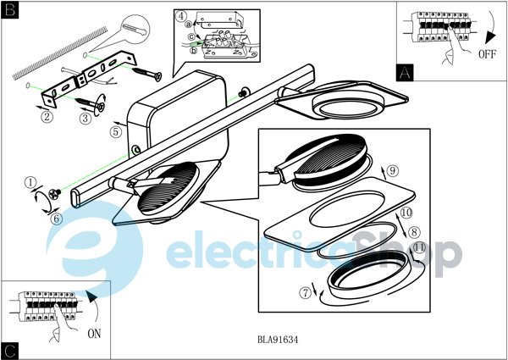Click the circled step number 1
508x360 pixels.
click(x=30, y=182)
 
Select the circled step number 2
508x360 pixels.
click(x=47, y=117)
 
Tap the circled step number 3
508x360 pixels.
click(x=86, y=118)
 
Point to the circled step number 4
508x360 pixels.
click(x=181, y=16)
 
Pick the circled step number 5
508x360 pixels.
click(x=116, y=132)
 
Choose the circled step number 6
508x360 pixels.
click(x=56, y=219)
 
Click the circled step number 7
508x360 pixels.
click(x=305, y=292)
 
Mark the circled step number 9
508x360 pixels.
click(x=393, y=170)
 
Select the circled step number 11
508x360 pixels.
click(x=419, y=248)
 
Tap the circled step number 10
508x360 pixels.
click(x=406, y=213)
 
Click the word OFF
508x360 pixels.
click(x=487, y=54)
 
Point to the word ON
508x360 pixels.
click(x=94, y=334)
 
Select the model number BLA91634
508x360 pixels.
click(x=278, y=340)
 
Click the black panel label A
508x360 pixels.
click(x=405, y=73)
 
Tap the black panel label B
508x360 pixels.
click(x=10, y=10)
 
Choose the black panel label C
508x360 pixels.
click(x=10, y=351)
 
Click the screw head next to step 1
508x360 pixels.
click(x=54, y=194)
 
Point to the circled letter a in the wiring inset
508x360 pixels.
click(x=189, y=25)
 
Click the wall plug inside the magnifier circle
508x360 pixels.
click(x=135, y=29)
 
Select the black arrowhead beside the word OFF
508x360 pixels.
click(x=490, y=38)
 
